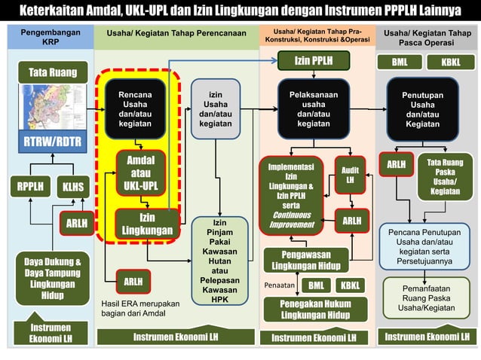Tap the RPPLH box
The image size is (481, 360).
[x=31, y=186]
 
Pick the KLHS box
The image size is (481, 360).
[x=73, y=186]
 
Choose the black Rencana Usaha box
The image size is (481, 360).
[x=135, y=108]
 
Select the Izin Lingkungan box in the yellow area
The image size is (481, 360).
[x=147, y=224]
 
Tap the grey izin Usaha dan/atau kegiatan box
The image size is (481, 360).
[x=216, y=108]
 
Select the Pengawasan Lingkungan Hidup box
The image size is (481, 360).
[x=305, y=260]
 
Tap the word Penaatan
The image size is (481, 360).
[x=279, y=285]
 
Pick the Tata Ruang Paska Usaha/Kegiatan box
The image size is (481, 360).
[x=445, y=175]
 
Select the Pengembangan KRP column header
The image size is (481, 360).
[x=51, y=38]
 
